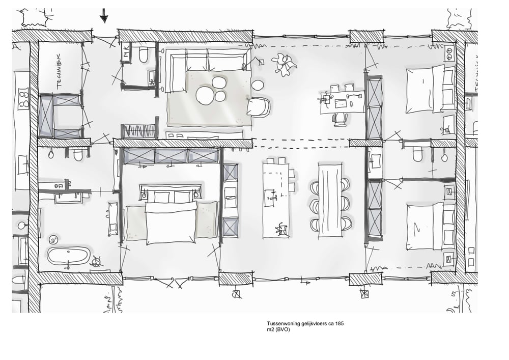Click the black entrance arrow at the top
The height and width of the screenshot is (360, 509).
(104, 16)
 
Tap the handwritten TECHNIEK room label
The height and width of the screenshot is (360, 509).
(59, 71)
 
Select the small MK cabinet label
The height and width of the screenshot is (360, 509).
(126, 51)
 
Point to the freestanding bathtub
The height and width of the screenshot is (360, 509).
(68, 256)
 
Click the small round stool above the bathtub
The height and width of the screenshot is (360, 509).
(53, 239)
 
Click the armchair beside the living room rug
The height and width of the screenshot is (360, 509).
(258, 106)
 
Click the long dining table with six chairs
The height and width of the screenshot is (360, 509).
(330, 200)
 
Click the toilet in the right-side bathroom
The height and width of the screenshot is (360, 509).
(417, 153)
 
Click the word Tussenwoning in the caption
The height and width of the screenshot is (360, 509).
(282, 324)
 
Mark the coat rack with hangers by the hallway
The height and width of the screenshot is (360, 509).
(138, 131)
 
